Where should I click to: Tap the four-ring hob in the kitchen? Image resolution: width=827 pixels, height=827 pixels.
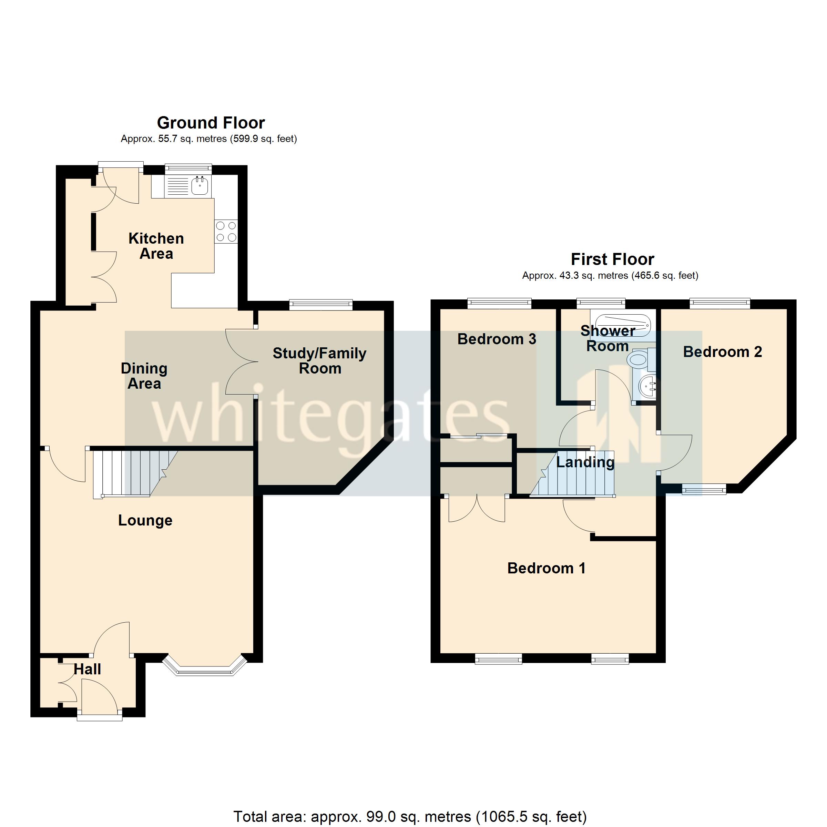coord(226,232)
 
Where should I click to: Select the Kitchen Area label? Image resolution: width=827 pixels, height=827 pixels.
coord(156,246)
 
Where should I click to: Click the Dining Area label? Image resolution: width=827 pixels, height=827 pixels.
coord(144,376)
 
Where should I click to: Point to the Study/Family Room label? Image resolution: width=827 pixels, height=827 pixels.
coord(319,361)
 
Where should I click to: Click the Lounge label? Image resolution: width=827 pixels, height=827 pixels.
coord(145,521)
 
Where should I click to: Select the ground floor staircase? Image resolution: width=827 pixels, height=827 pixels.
coord(133,473)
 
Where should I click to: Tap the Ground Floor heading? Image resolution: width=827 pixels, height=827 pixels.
coord(211,123)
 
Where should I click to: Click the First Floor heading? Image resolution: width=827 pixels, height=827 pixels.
coord(612,259)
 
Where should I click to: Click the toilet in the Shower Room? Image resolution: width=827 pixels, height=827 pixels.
coord(639,359)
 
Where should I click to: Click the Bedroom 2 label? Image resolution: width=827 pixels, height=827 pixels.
coord(722,352)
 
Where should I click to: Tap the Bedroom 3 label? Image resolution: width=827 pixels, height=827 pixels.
coord(497,339)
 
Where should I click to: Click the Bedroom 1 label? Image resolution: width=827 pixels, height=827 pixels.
coord(546,568)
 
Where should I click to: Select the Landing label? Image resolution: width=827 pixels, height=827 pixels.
coord(585,462)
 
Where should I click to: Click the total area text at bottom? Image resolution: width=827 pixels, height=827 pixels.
coord(410,817)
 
